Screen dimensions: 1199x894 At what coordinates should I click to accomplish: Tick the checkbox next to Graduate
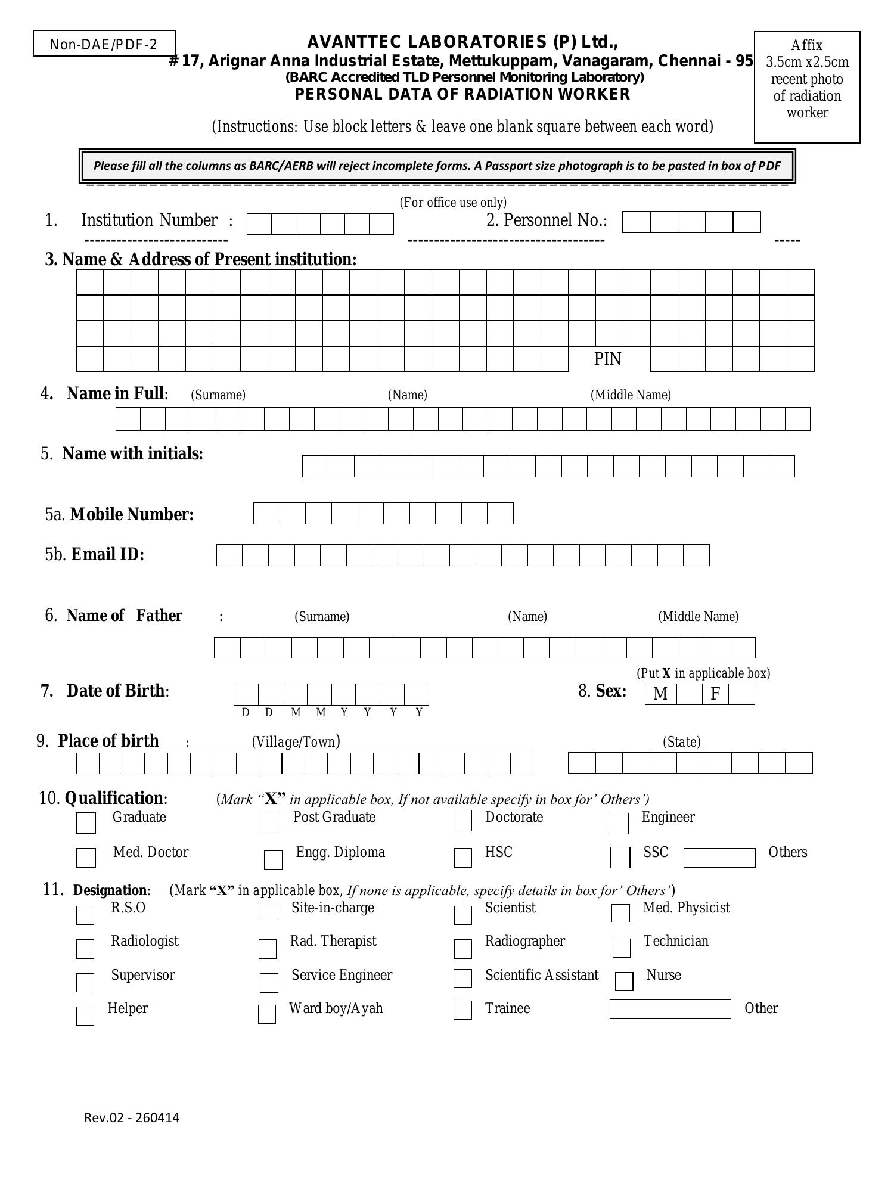pos(86,823)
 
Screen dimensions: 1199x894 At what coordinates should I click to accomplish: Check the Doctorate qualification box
pos(462,821)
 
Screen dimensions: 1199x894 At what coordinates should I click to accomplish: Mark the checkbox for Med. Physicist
pos(620,912)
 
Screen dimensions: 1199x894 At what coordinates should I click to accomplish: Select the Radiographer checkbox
pos(462,949)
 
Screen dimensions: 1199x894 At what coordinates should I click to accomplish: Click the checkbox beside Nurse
pos(624,981)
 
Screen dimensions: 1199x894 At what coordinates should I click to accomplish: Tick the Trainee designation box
pos(462,1009)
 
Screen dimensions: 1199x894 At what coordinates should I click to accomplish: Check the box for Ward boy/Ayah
pos(267,1014)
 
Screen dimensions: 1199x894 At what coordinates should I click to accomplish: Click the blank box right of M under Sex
pos(689,694)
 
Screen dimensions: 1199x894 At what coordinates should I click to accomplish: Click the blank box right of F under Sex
pos(741,694)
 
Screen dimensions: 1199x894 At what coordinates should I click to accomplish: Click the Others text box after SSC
pos(719,858)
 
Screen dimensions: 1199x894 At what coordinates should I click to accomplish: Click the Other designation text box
pos(670,1009)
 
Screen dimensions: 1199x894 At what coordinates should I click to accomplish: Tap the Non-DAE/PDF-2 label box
pos(104,44)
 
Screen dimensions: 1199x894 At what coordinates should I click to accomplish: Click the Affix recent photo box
pos(807,88)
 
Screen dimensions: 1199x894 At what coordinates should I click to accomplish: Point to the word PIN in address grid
pos(607,359)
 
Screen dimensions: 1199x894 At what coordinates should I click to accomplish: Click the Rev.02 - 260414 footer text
pos(132,1117)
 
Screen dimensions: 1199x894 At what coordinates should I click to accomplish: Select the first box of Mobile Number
pos(266,514)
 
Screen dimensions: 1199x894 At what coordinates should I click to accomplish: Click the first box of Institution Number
pos(259,224)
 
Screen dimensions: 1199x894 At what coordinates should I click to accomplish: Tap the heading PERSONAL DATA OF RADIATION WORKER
pos(462,94)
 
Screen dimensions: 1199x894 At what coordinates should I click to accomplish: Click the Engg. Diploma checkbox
pos(273,860)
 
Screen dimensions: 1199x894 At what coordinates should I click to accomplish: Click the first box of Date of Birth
pos(246,694)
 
